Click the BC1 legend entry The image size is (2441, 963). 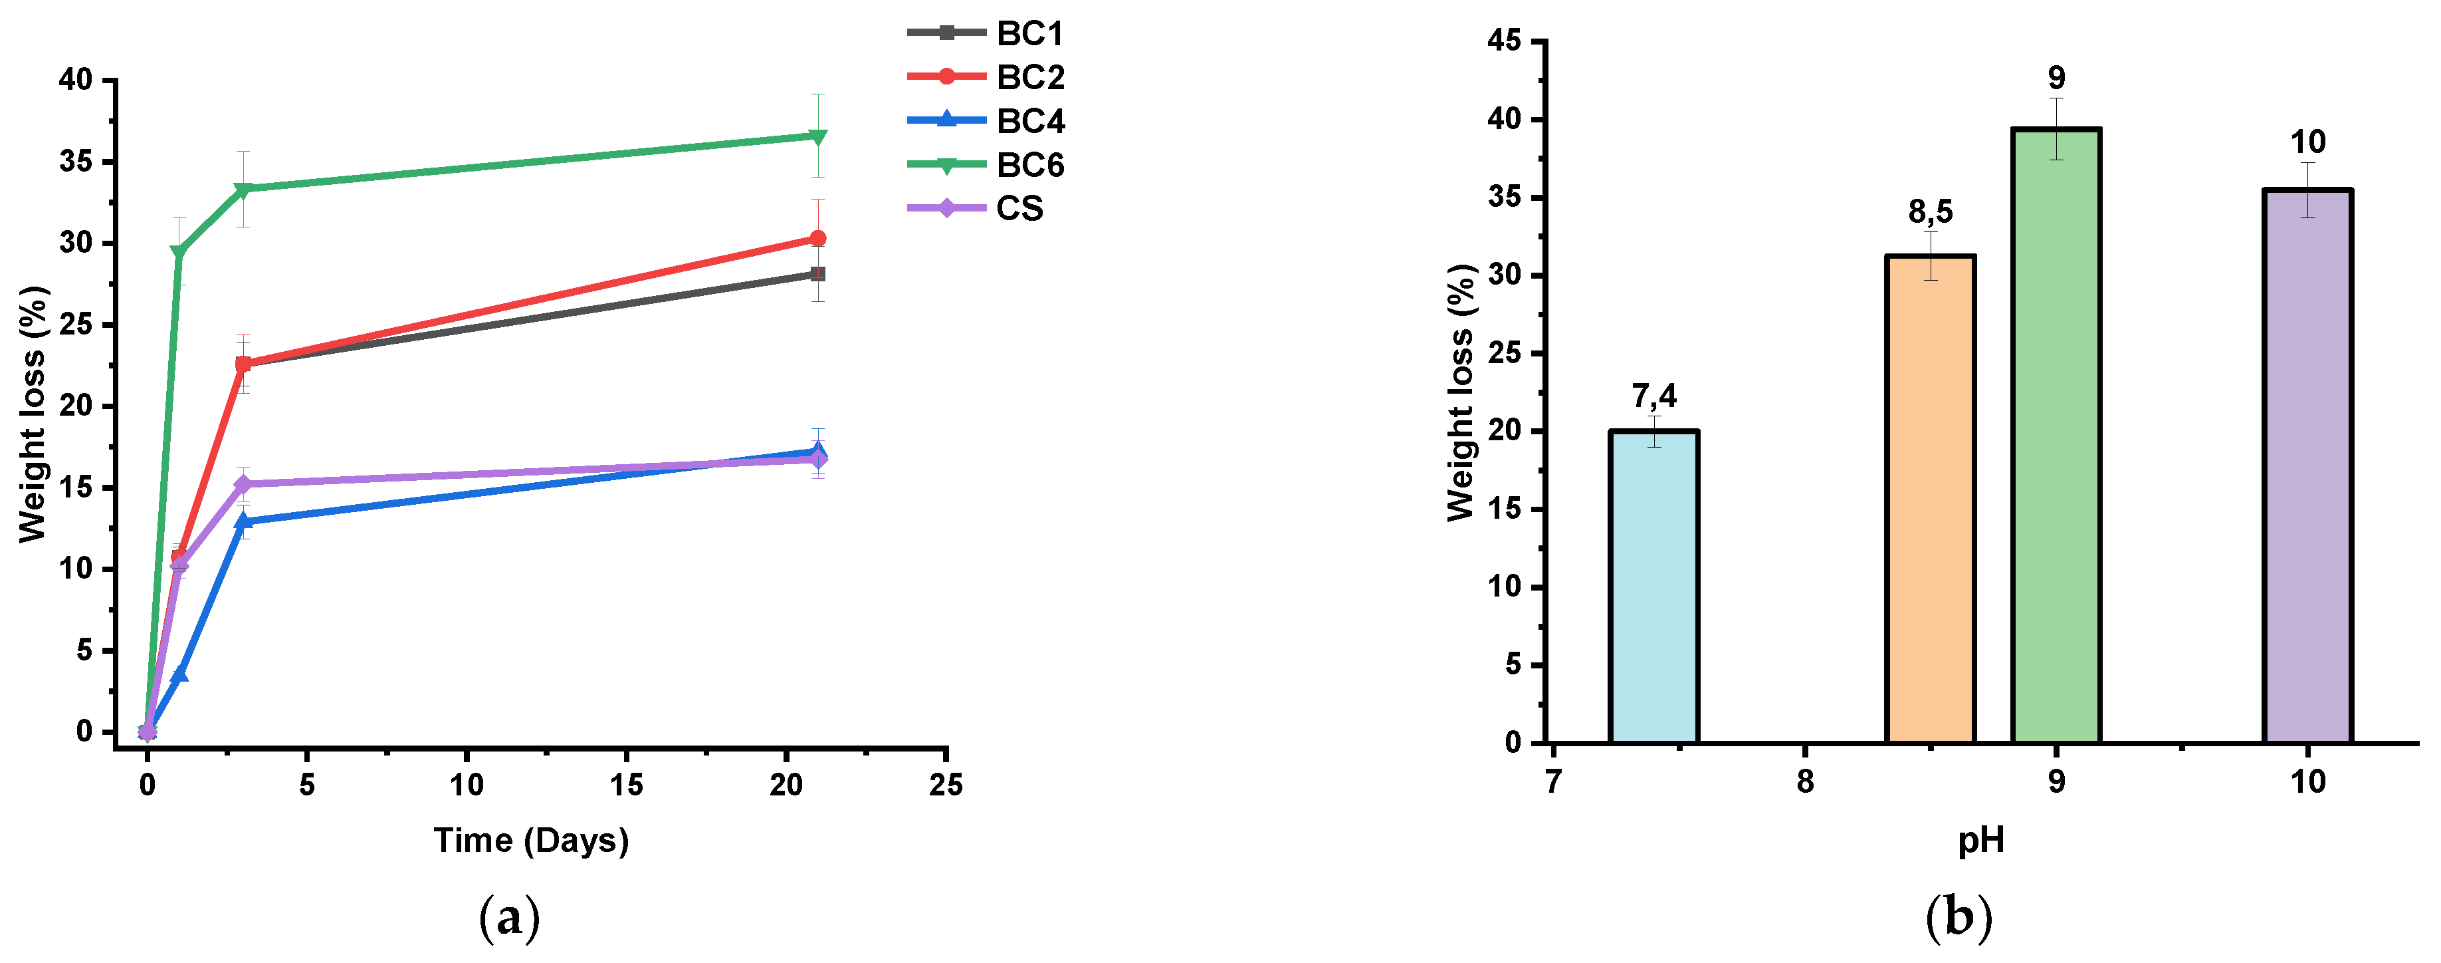(x=986, y=33)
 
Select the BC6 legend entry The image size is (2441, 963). (x=986, y=165)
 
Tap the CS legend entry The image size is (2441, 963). (x=976, y=207)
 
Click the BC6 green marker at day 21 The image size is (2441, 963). (x=817, y=136)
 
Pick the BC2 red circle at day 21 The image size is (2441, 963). (x=817, y=238)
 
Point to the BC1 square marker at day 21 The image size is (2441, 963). (x=817, y=274)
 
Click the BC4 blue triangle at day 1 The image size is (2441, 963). (x=179, y=674)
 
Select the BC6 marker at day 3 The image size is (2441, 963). (x=243, y=189)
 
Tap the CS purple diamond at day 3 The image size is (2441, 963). (x=243, y=484)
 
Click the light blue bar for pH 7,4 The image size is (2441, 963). (x=1653, y=588)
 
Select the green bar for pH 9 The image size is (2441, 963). (x=2056, y=436)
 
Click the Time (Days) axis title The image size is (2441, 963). (x=530, y=841)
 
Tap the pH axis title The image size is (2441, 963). (x=1980, y=840)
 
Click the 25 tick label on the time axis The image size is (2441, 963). (x=945, y=785)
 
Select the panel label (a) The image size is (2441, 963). (x=510, y=918)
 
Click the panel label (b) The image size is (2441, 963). (x=1959, y=918)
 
